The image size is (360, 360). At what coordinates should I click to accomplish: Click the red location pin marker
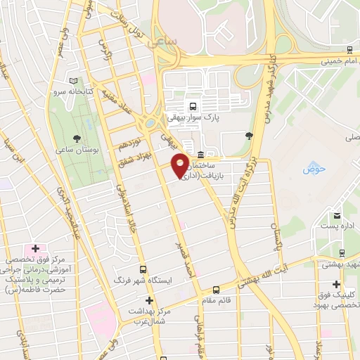[x=180, y=164]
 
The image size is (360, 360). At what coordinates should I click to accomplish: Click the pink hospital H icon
[x=35, y=249]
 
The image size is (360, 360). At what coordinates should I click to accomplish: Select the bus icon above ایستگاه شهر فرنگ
[x=143, y=269]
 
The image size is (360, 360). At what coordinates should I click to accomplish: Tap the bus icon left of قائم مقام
[x=216, y=288]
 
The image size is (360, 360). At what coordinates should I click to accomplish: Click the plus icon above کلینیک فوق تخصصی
[x=337, y=285]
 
